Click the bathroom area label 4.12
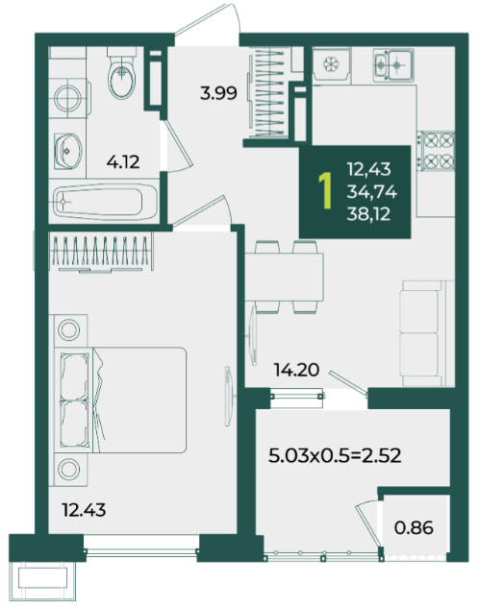coord(123,161)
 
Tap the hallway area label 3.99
coord(218,93)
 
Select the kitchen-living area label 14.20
coord(296,370)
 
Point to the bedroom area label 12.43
coord(84,510)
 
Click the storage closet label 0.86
coord(414,527)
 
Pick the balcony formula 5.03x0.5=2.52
coord(335,455)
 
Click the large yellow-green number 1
coord(325,191)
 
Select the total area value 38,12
coord(368,214)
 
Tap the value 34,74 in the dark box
coord(371,192)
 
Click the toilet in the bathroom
coord(122,73)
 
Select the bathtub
coord(105,202)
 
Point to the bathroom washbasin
coord(67,152)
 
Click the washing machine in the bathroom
coord(69,97)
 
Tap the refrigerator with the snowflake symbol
coord(331,64)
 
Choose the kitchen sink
coord(393,65)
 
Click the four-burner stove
coord(436,151)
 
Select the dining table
coord(285,277)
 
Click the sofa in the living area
coord(426,333)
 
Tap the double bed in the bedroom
coord(120,400)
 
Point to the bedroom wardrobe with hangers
coord(102,252)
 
